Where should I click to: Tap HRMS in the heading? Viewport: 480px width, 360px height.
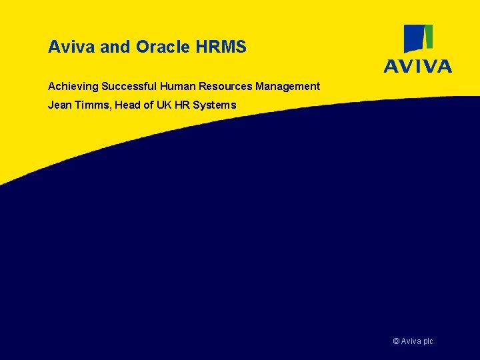(x=221, y=47)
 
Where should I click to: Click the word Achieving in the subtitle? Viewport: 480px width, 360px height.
(x=73, y=87)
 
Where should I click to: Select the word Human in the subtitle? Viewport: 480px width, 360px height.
(x=177, y=87)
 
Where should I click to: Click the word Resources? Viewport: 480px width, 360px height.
(x=223, y=87)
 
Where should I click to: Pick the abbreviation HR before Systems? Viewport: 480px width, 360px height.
(x=182, y=105)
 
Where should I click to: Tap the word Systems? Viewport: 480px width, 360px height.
(x=214, y=105)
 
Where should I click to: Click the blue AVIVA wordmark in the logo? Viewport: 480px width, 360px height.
(x=417, y=65)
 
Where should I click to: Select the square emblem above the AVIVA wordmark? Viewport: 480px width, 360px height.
(x=419, y=39)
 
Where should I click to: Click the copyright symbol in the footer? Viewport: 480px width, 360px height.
(x=397, y=341)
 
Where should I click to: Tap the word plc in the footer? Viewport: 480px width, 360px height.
(x=427, y=341)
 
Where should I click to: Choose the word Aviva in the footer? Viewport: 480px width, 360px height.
(x=411, y=341)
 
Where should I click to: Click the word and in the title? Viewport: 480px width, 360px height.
(x=116, y=47)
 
